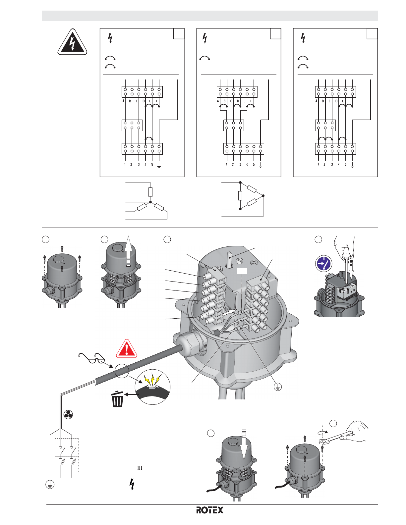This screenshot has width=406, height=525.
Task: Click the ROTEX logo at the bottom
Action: [x=209, y=510]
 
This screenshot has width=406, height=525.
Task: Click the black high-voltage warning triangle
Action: [x=72, y=42]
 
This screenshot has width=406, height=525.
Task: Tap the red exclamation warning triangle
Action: [x=127, y=349]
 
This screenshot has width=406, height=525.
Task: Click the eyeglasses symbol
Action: [x=91, y=358]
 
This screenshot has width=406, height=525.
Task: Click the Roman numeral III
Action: [x=140, y=468]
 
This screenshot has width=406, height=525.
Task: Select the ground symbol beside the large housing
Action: [x=278, y=387]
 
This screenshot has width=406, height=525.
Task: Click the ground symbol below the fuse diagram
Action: [x=50, y=484]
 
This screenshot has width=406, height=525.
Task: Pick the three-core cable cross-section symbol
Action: [x=68, y=415]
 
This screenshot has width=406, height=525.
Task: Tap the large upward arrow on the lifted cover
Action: [x=129, y=251]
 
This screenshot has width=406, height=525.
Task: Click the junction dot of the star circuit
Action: [x=150, y=202]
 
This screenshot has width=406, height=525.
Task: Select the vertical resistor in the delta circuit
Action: [x=240, y=196]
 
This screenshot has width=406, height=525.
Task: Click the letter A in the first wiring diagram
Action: [x=124, y=101]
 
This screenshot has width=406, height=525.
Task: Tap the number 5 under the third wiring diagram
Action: [x=345, y=164]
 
